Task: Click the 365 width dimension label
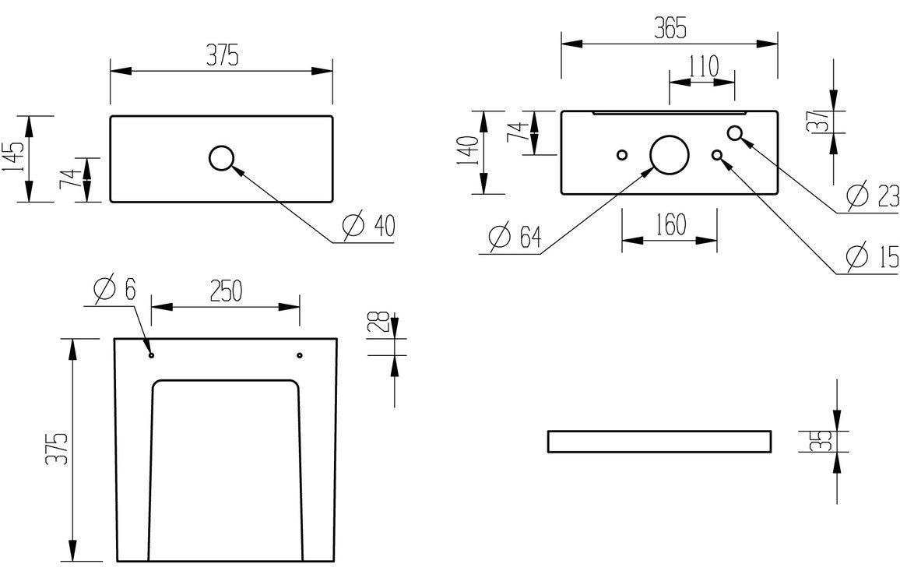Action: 670,29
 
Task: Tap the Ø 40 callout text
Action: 369,226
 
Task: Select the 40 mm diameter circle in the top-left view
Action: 222,158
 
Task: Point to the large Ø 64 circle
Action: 670,154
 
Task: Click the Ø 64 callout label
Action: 515,237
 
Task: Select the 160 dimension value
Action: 670,225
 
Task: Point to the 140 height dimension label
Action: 467,153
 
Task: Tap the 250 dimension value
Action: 224,291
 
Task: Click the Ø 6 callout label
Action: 114,290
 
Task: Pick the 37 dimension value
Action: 817,121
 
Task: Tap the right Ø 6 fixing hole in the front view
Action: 300,355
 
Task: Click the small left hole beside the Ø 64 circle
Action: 621,154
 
